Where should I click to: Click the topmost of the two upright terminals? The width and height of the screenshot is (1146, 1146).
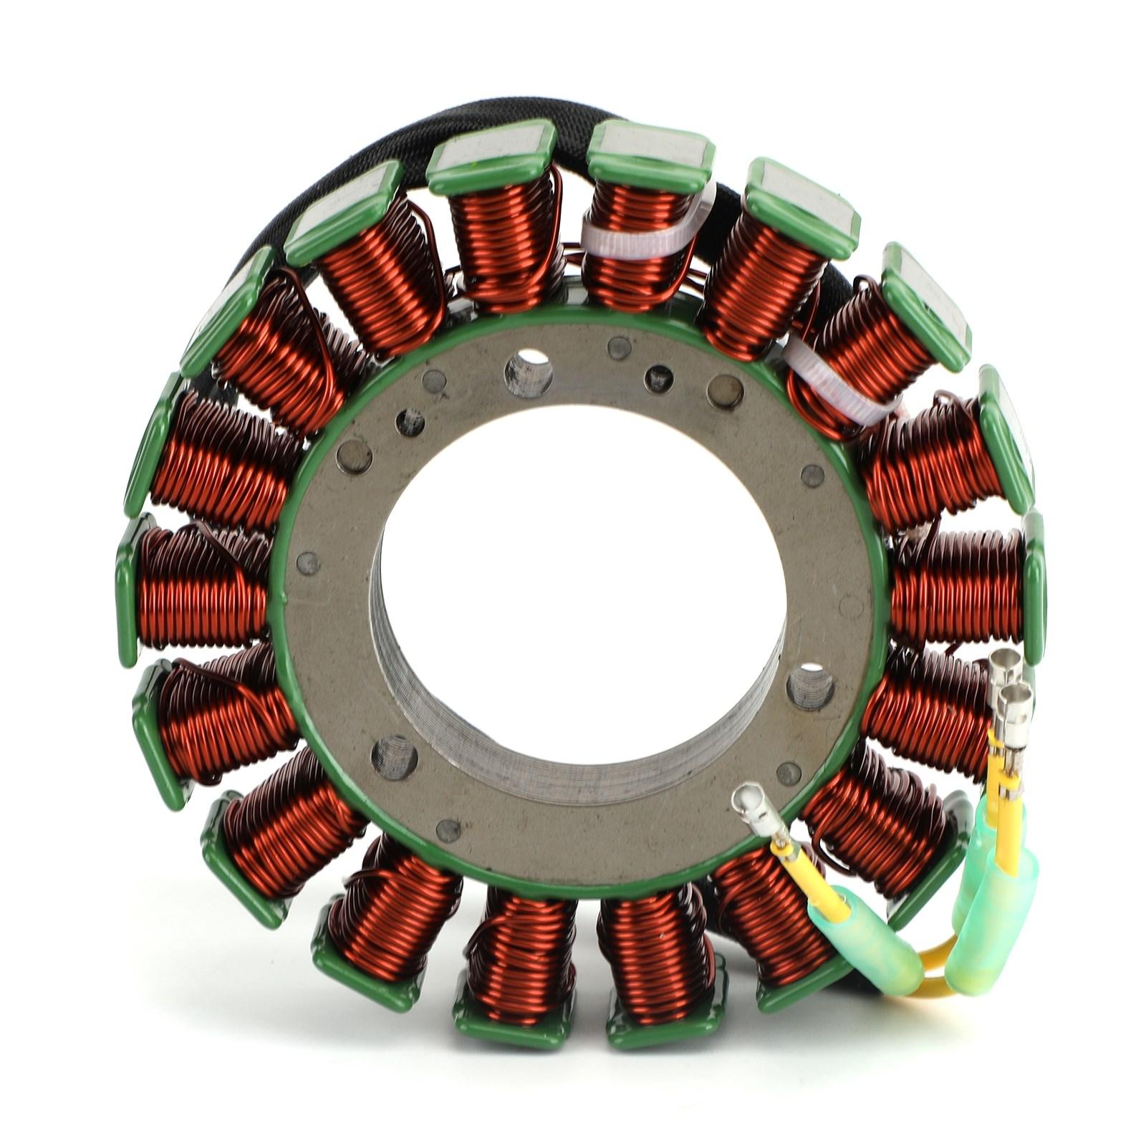point(1006,665)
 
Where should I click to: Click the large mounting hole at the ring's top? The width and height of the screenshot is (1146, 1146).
point(529,372)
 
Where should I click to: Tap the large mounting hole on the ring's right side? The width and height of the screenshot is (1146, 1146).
point(810,687)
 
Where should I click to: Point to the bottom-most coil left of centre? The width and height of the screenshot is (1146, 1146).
point(519,945)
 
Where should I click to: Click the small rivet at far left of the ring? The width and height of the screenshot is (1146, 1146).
point(307,563)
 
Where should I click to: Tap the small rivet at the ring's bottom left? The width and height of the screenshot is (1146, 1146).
point(448,830)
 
